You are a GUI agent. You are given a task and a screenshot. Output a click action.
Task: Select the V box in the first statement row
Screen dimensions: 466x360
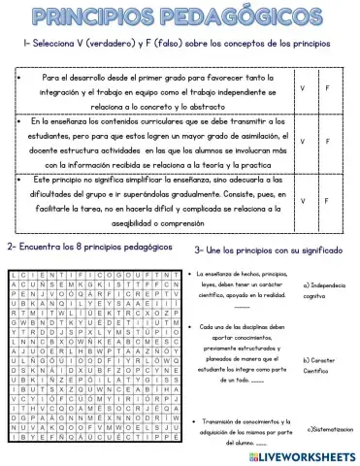pos(304,88)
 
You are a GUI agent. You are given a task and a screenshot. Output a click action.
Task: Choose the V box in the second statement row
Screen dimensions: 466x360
pos(304,143)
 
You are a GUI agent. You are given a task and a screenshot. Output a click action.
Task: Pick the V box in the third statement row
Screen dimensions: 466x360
pos(304,201)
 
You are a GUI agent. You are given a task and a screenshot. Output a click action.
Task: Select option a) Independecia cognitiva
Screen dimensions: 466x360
pos(325,290)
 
